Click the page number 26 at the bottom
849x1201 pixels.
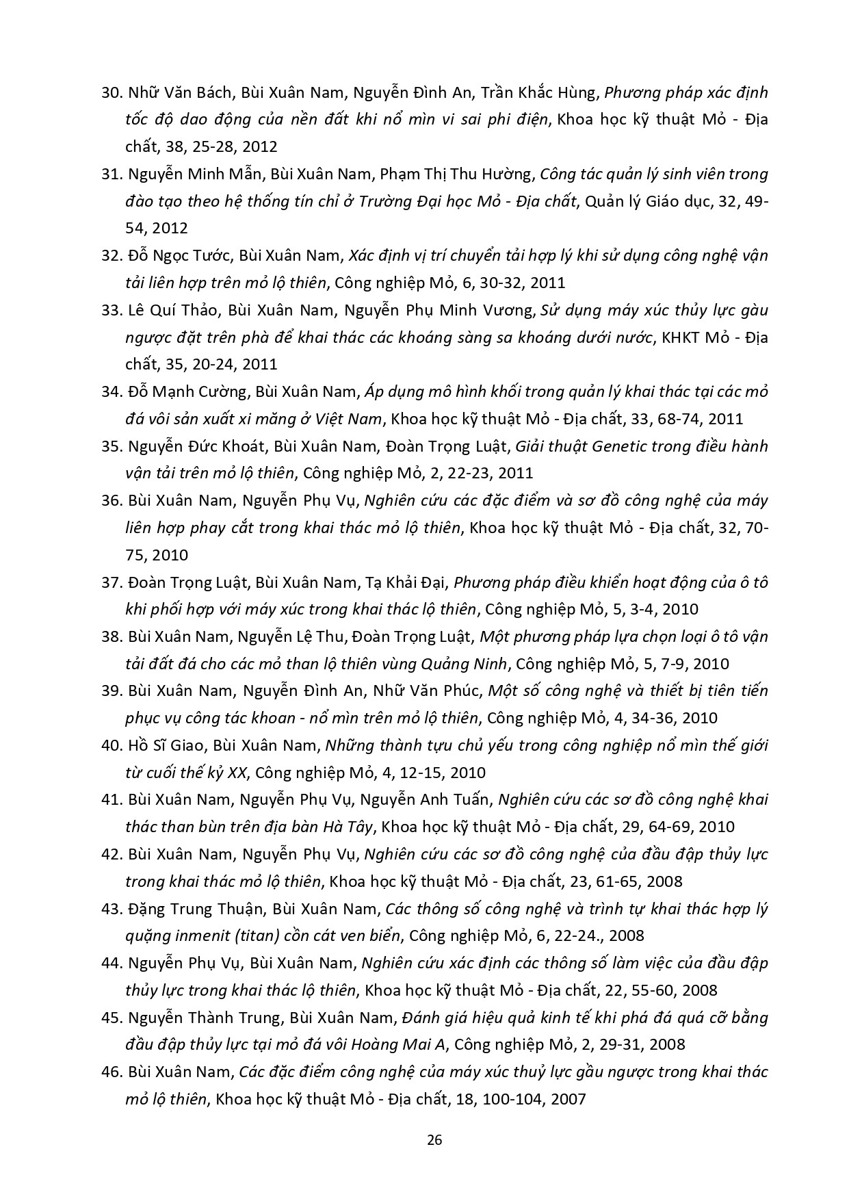pyautogui.click(x=434, y=1139)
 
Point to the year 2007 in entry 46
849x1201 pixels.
pyautogui.click(x=569, y=1099)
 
